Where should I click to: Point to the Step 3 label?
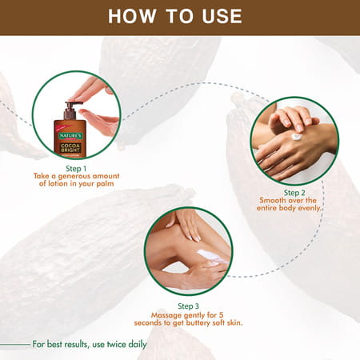(x=189, y=305)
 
